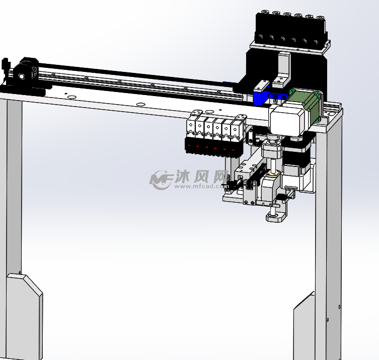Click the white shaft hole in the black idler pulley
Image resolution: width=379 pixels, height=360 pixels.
click(x=22, y=76)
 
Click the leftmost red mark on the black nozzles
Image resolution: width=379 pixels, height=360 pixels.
click(x=189, y=146)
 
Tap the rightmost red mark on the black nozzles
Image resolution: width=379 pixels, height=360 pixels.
click(x=233, y=150)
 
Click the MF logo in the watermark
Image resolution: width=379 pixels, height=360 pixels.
click(x=161, y=179)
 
